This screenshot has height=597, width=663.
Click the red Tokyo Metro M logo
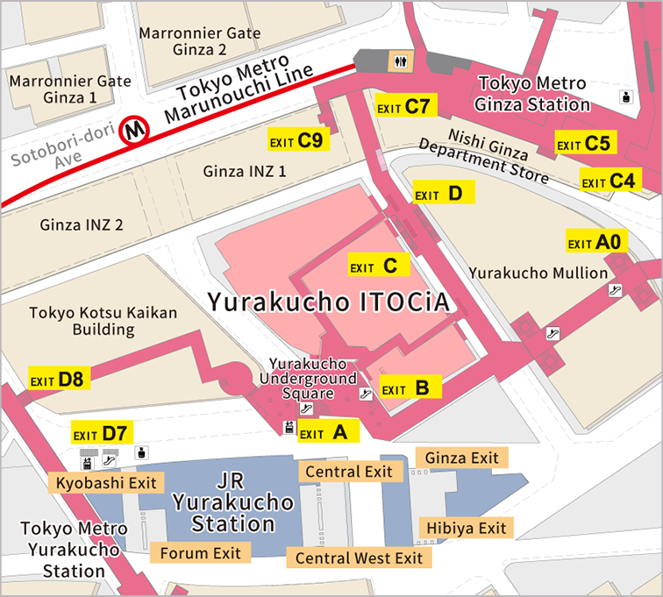click(x=136, y=130)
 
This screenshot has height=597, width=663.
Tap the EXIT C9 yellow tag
click(x=297, y=139)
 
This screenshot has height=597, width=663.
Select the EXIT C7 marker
click(x=403, y=107)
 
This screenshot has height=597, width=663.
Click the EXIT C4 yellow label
click(x=611, y=181)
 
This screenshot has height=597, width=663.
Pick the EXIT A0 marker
click(x=596, y=242)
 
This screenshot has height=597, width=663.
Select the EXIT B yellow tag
click(x=409, y=388)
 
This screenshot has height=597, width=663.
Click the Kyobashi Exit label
click(x=105, y=482)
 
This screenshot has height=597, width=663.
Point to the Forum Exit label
click(x=201, y=552)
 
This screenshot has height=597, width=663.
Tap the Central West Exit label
click(x=359, y=558)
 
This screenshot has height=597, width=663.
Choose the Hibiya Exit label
click(x=467, y=528)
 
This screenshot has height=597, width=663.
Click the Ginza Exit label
click(x=461, y=458)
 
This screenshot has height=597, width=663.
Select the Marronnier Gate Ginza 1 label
click(x=69, y=89)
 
